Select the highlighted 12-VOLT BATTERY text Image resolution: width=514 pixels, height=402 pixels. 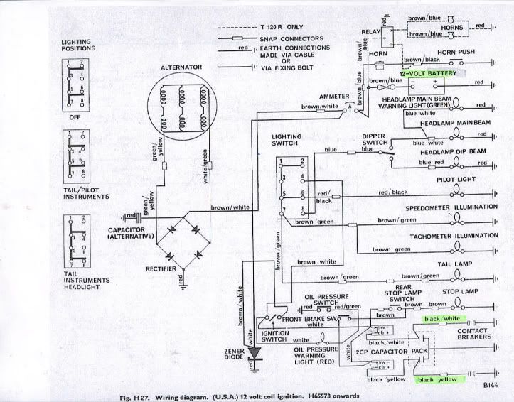(x=429, y=73)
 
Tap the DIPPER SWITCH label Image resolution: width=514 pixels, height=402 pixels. (x=374, y=137)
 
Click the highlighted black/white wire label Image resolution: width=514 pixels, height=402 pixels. (x=441, y=319)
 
